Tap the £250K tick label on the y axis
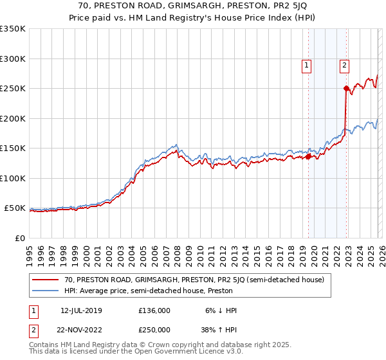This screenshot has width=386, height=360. tap(13, 88)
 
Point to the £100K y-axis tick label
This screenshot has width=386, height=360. tap(13, 178)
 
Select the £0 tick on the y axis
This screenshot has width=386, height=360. tap(20, 238)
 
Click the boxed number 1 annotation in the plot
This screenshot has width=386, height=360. tap(306, 64)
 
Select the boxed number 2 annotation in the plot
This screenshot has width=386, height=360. tap(345, 64)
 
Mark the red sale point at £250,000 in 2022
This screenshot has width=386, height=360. tap(346, 88)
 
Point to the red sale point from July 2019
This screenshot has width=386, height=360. tap(308, 156)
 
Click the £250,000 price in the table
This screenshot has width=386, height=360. tap(154, 329)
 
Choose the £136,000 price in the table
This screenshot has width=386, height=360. tap(154, 310)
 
